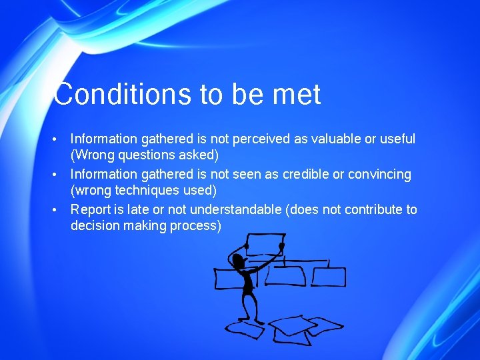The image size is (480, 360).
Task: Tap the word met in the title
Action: [297, 95]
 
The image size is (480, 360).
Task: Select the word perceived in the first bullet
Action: [257, 139]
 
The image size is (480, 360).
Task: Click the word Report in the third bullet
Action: [91, 209]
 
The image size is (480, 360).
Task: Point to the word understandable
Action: [228, 209]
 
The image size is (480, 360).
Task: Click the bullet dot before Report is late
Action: [56, 209]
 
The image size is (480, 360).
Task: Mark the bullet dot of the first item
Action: [56, 139]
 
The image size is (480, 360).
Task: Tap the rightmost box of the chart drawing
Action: [329, 276]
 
